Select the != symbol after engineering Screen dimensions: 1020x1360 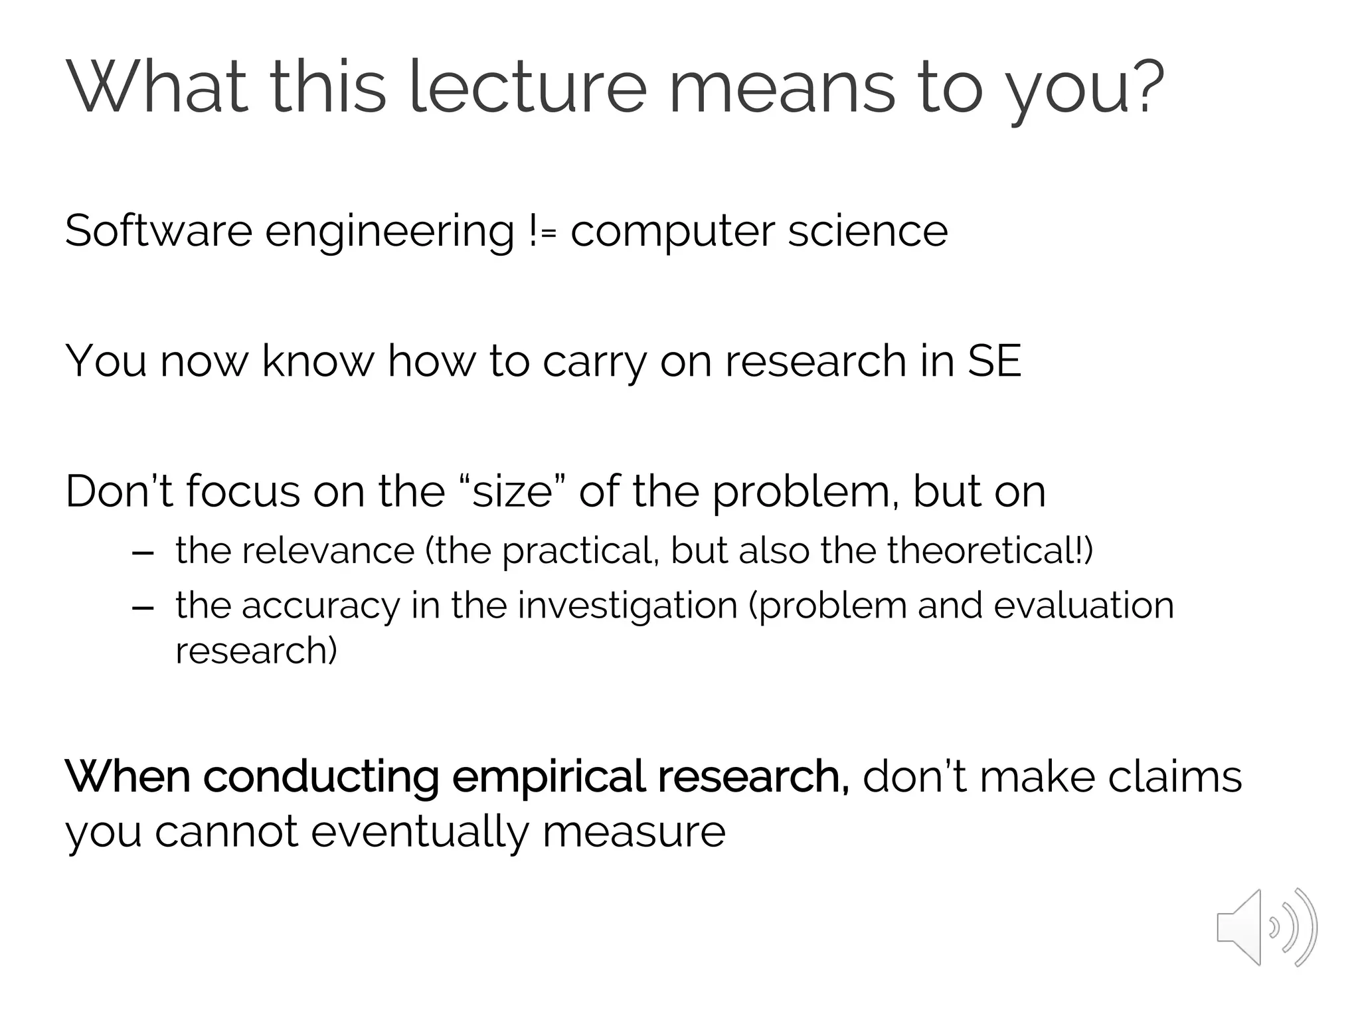[x=543, y=231]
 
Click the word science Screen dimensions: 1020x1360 [x=867, y=231]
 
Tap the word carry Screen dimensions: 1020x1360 [x=594, y=363]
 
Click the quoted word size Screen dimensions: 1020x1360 [x=512, y=491]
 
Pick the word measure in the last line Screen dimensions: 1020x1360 [x=634, y=831]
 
